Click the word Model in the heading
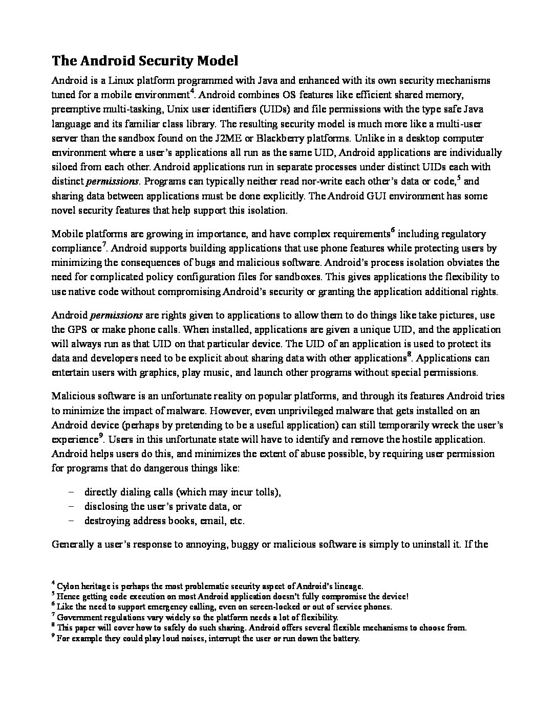coord(215,61)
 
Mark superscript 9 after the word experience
coord(101,436)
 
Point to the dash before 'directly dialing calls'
coord(71,492)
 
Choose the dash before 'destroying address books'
coord(71,521)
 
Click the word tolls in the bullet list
coord(264,492)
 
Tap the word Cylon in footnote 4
coord(68,586)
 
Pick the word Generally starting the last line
coord(73,544)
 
